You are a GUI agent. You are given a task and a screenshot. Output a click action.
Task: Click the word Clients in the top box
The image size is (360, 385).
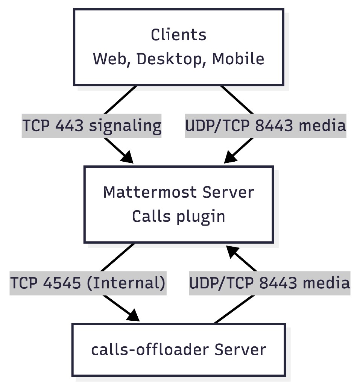[x=179, y=35]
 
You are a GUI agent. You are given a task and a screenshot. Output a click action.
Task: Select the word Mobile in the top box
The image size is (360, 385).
[x=238, y=59]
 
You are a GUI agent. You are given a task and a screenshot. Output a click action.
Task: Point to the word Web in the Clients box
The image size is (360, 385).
[x=110, y=59]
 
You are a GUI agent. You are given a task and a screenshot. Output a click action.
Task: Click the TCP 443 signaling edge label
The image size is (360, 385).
[x=92, y=126]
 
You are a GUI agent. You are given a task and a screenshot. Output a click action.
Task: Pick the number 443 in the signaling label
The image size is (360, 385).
[x=69, y=126]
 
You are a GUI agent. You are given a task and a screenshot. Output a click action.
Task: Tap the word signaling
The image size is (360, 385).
[x=125, y=126]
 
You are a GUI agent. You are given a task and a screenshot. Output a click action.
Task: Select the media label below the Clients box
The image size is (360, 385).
[x=265, y=126]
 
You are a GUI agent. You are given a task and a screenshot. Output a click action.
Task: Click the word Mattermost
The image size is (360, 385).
[x=150, y=192]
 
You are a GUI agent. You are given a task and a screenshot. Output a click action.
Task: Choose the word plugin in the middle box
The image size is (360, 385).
[x=205, y=217]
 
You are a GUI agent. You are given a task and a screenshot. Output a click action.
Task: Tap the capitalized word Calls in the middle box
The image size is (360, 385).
[x=149, y=217]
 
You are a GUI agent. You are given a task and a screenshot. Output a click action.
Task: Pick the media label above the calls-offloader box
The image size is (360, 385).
[x=269, y=283]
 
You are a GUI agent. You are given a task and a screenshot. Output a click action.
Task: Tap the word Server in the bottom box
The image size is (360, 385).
[x=240, y=350]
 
